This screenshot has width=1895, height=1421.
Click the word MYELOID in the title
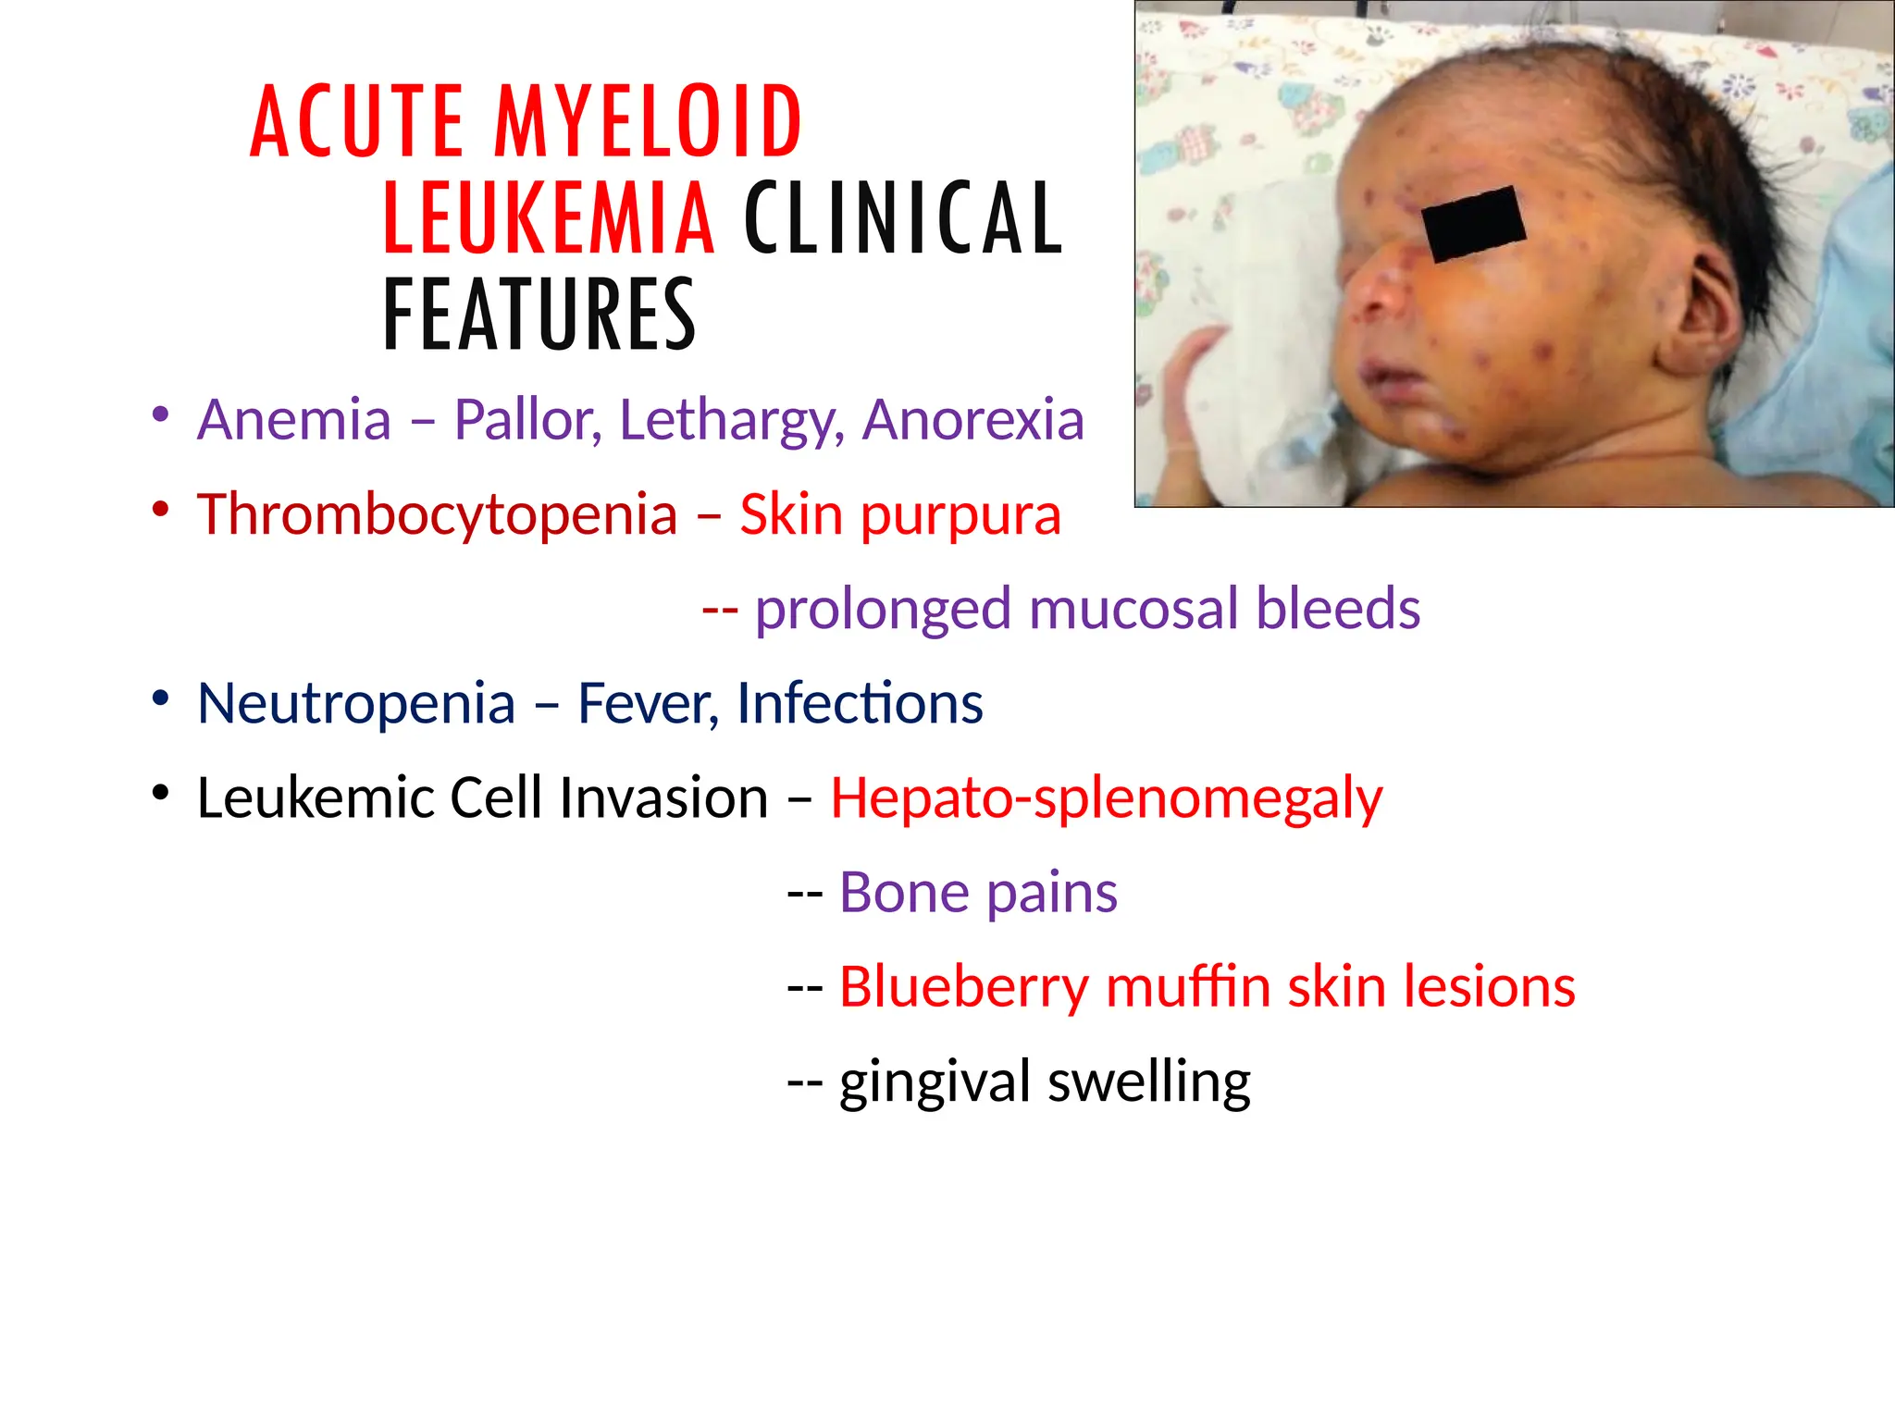648,121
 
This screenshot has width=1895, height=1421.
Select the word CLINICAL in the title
904,219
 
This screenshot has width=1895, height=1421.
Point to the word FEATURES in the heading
539,315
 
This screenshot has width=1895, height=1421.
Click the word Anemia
294,420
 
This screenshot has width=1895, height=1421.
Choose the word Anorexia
973,420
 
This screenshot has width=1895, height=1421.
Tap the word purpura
960,516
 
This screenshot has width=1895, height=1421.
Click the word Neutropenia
356,704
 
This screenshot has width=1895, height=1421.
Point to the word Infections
860,704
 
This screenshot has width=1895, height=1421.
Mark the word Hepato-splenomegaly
1107,798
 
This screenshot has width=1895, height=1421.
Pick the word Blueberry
963,987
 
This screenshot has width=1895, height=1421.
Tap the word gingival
934,1082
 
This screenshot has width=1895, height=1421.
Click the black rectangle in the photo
1473,225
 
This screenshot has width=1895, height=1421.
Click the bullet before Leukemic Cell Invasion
161,794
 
